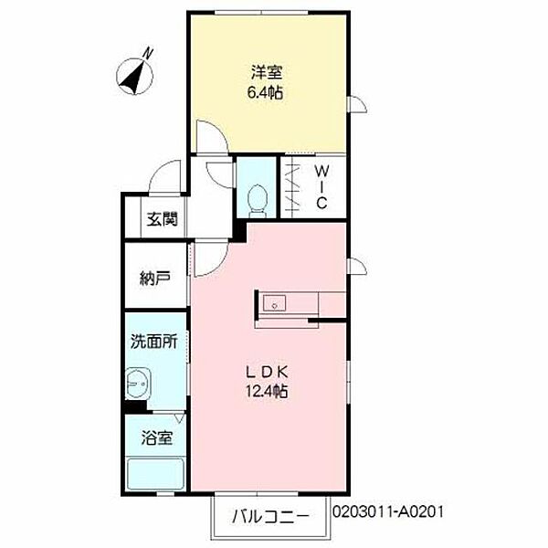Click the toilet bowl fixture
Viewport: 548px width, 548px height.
click(x=258, y=198)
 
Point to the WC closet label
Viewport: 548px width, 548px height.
click(x=322, y=186)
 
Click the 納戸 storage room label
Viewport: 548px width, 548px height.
click(x=155, y=278)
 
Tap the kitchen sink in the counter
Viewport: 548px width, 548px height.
click(x=274, y=304)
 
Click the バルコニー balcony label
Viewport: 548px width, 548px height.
click(x=270, y=515)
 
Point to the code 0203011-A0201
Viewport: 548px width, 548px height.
click(x=395, y=514)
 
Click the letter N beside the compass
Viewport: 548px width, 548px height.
click(x=149, y=54)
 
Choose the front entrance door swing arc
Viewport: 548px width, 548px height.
click(x=164, y=174)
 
